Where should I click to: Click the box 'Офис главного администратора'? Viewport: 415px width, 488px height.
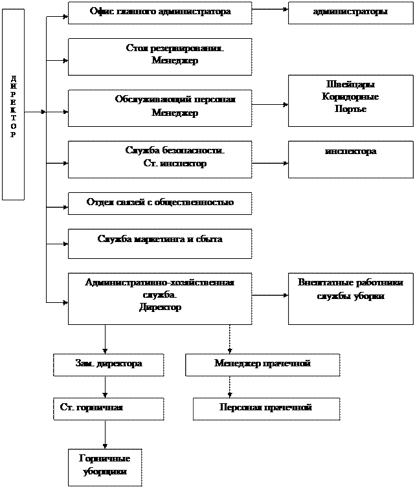160,12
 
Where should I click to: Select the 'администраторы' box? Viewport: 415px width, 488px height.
350,12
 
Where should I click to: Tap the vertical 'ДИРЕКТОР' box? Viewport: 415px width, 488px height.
14,105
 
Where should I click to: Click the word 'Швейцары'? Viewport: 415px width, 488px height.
350,85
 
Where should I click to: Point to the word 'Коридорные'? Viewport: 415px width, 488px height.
350,97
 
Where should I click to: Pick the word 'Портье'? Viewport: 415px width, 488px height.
350,109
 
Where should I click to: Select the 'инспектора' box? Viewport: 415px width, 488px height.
350,159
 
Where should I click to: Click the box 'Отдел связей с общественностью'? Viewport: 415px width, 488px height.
160,203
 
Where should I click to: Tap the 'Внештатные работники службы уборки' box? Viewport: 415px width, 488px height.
350,298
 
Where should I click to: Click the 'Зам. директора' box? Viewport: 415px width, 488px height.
107,364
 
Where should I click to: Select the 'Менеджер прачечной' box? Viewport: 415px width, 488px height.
262,364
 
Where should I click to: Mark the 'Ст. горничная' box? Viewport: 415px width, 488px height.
107,408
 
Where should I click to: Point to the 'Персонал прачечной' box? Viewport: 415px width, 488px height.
265,408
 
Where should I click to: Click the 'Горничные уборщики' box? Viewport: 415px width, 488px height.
105,467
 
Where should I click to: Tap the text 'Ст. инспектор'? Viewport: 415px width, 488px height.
175,164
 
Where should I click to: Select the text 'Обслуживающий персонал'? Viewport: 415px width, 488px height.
175,100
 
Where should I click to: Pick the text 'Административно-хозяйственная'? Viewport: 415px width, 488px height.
160,283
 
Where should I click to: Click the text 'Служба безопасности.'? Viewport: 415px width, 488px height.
175,150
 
